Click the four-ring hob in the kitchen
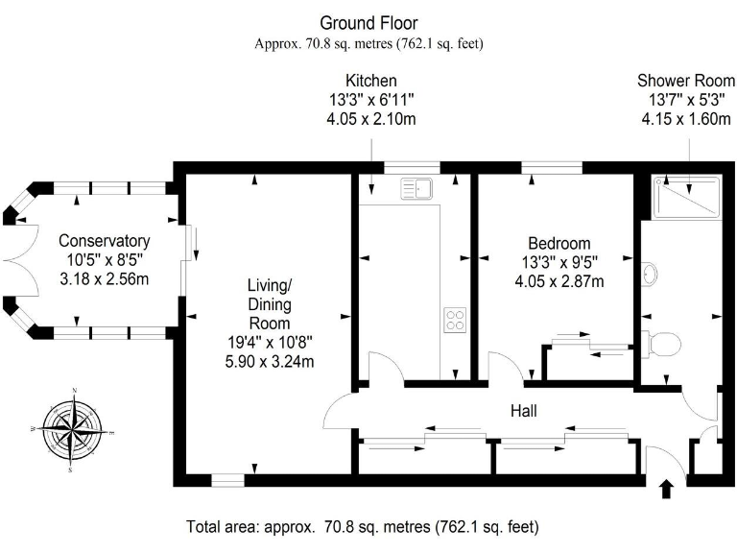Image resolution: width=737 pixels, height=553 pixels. pyautogui.click(x=454, y=320)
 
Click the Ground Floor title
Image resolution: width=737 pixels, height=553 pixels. pyautogui.click(x=368, y=22)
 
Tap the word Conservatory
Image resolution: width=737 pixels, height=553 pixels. pyautogui.click(x=104, y=240)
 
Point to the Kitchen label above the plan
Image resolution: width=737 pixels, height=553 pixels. pyautogui.click(x=371, y=80)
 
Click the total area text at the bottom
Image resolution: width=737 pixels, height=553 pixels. pyautogui.click(x=362, y=527)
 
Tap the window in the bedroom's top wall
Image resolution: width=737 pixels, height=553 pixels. pyautogui.click(x=552, y=169)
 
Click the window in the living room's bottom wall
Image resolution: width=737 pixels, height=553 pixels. pyautogui.click(x=228, y=478)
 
